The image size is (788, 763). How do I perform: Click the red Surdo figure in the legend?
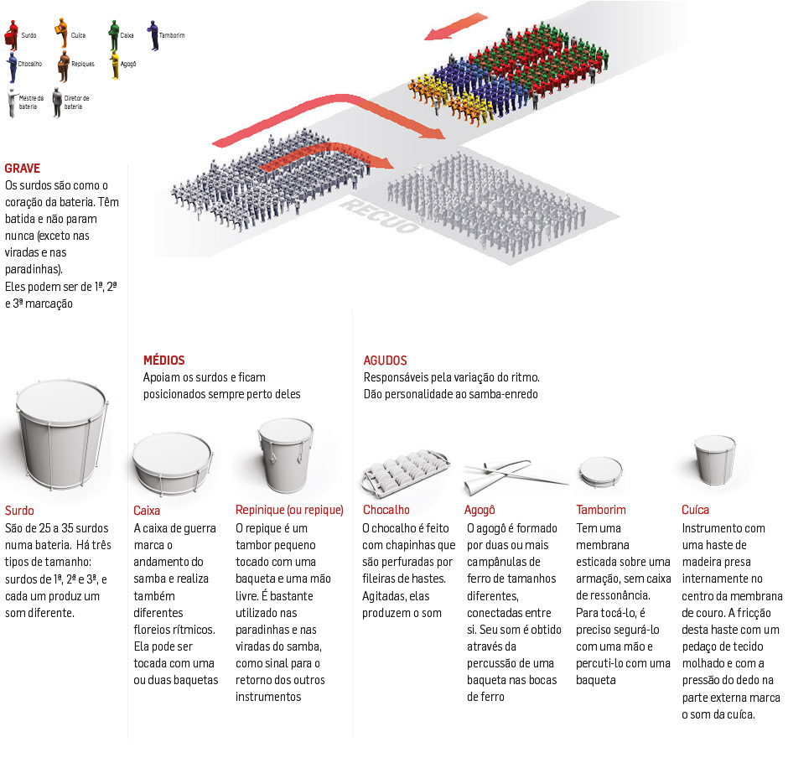11,34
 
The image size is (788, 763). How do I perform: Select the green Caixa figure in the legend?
113,34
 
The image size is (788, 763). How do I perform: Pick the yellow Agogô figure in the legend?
114,64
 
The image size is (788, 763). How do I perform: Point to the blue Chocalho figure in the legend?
10,64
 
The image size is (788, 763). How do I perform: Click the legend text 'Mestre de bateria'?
31,102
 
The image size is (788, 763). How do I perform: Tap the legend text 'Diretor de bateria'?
76,102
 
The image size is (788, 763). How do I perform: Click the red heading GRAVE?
22,169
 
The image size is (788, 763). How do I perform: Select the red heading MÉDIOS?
163,361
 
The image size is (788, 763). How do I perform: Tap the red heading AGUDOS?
386,361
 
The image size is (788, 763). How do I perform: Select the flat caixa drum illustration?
171,462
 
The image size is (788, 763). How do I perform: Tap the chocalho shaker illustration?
404,471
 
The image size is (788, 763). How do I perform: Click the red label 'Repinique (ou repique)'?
289,510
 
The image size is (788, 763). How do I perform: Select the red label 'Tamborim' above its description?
601,510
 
